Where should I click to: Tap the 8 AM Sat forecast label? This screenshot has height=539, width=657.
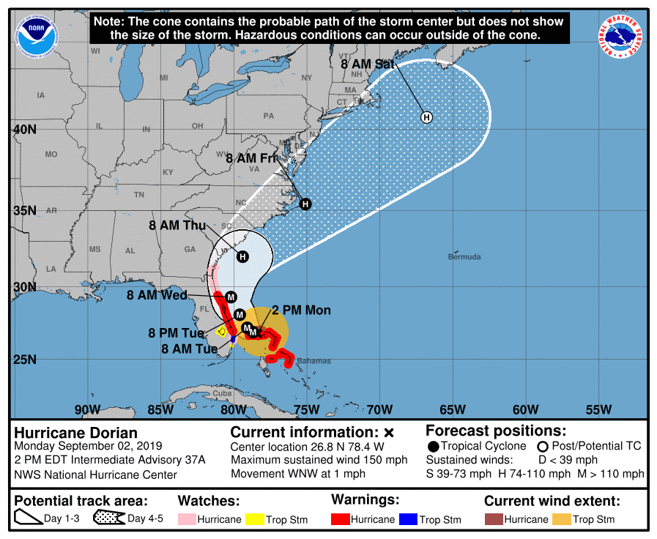368,64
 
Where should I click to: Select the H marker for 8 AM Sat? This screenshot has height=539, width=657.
426,117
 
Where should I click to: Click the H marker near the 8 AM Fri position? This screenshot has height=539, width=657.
305,204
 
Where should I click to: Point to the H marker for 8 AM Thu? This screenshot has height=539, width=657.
242,256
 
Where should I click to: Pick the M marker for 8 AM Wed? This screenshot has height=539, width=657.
231,297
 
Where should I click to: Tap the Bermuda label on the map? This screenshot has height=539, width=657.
464,257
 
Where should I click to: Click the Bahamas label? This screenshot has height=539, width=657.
313,361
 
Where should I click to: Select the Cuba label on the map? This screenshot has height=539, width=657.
222,393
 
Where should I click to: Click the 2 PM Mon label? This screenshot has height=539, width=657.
301,311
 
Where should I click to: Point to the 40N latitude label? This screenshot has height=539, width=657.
25,130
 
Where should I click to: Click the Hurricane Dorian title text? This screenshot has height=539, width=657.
75,433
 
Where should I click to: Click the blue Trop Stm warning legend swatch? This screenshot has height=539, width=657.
408,519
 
